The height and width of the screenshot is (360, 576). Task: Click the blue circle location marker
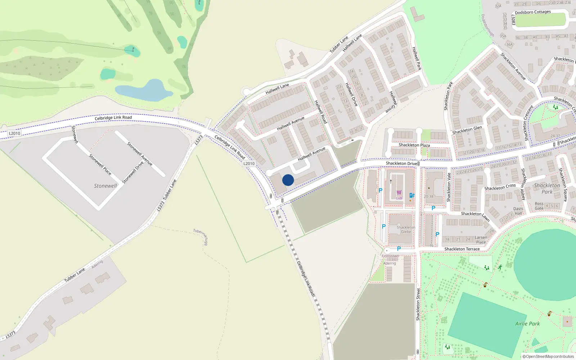(288, 180)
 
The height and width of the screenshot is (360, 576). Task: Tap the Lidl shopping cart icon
(399, 193)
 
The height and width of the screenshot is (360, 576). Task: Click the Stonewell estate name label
(105, 186)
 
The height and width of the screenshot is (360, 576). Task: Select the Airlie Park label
(527, 324)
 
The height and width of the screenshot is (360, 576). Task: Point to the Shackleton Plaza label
(414, 145)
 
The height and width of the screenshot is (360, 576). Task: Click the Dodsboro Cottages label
(533, 12)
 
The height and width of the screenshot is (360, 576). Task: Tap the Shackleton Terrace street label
(462, 249)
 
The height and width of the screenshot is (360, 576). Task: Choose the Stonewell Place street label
(100, 165)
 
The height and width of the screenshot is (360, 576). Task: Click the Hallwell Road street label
(320, 112)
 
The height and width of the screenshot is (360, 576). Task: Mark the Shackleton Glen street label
(467, 130)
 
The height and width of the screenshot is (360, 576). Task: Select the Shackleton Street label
(418, 304)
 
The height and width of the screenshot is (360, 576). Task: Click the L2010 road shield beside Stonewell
(14, 133)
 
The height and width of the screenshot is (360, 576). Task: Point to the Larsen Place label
(481, 240)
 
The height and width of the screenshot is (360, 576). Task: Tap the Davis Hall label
(518, 211)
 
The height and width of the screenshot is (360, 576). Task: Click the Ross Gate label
(539, 206)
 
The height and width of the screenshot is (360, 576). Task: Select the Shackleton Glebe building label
(406, 230)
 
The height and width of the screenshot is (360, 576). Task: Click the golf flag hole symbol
(133, 49)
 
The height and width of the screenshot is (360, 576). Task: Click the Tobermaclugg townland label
(201, 237)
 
